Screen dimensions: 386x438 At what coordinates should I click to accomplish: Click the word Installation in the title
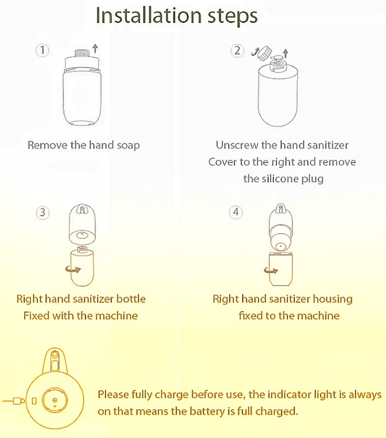(x=149, y=15)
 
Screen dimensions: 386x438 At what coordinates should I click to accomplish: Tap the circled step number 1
(x=42, y=50)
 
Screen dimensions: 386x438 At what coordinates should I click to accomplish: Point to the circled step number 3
(x=43, y=213)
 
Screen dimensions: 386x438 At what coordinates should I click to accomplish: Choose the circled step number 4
(x=236, y=212)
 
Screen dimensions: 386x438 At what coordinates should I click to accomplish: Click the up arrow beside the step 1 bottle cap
(x=95, y=48)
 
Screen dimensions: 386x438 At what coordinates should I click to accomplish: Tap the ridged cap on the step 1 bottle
(x=82, y=53)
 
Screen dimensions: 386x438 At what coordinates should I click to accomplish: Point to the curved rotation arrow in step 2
(x=255, y=52)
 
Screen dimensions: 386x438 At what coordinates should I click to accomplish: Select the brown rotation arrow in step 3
(x=73, y=269)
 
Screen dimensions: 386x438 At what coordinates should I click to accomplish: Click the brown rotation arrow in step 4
(x=271, y=270)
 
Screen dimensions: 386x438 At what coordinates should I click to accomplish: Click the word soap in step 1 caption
(x=128, y=146)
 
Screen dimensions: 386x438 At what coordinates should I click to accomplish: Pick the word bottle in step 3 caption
(x=131, y=299)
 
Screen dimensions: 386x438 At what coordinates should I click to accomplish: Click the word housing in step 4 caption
(x=333, y=300)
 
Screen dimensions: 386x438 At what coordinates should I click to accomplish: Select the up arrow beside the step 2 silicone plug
(x=286, y=54)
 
